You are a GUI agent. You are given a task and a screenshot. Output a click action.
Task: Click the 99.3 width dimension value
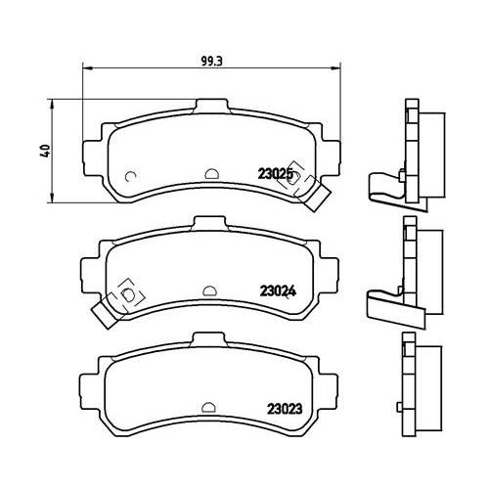pyautogui.click(x=211, y=62)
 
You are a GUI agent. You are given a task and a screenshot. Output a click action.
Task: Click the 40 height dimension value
pyautogui.click(x=45, y=151)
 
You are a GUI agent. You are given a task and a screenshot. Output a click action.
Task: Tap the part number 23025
pyautogui.click(x=274, y=174)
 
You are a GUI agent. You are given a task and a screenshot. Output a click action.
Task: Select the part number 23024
pyautogui.click(x=278, y=290)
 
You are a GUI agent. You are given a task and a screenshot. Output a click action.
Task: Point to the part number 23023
pyautogui.click(x=285, y=409)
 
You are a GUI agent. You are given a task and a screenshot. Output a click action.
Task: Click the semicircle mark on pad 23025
pyautogui.click(x=211, y=173)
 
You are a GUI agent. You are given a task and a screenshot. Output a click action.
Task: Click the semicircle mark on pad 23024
pyautogui.click(x=209, y=290)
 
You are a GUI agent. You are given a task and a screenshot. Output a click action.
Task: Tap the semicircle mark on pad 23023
pyautogui.click(x=208, y=407)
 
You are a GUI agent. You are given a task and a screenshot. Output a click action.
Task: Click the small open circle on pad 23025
pyautogui.click(x=131, y=176)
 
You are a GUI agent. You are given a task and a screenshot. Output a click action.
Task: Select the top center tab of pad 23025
pyautogui.click(x=211, y=106)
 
